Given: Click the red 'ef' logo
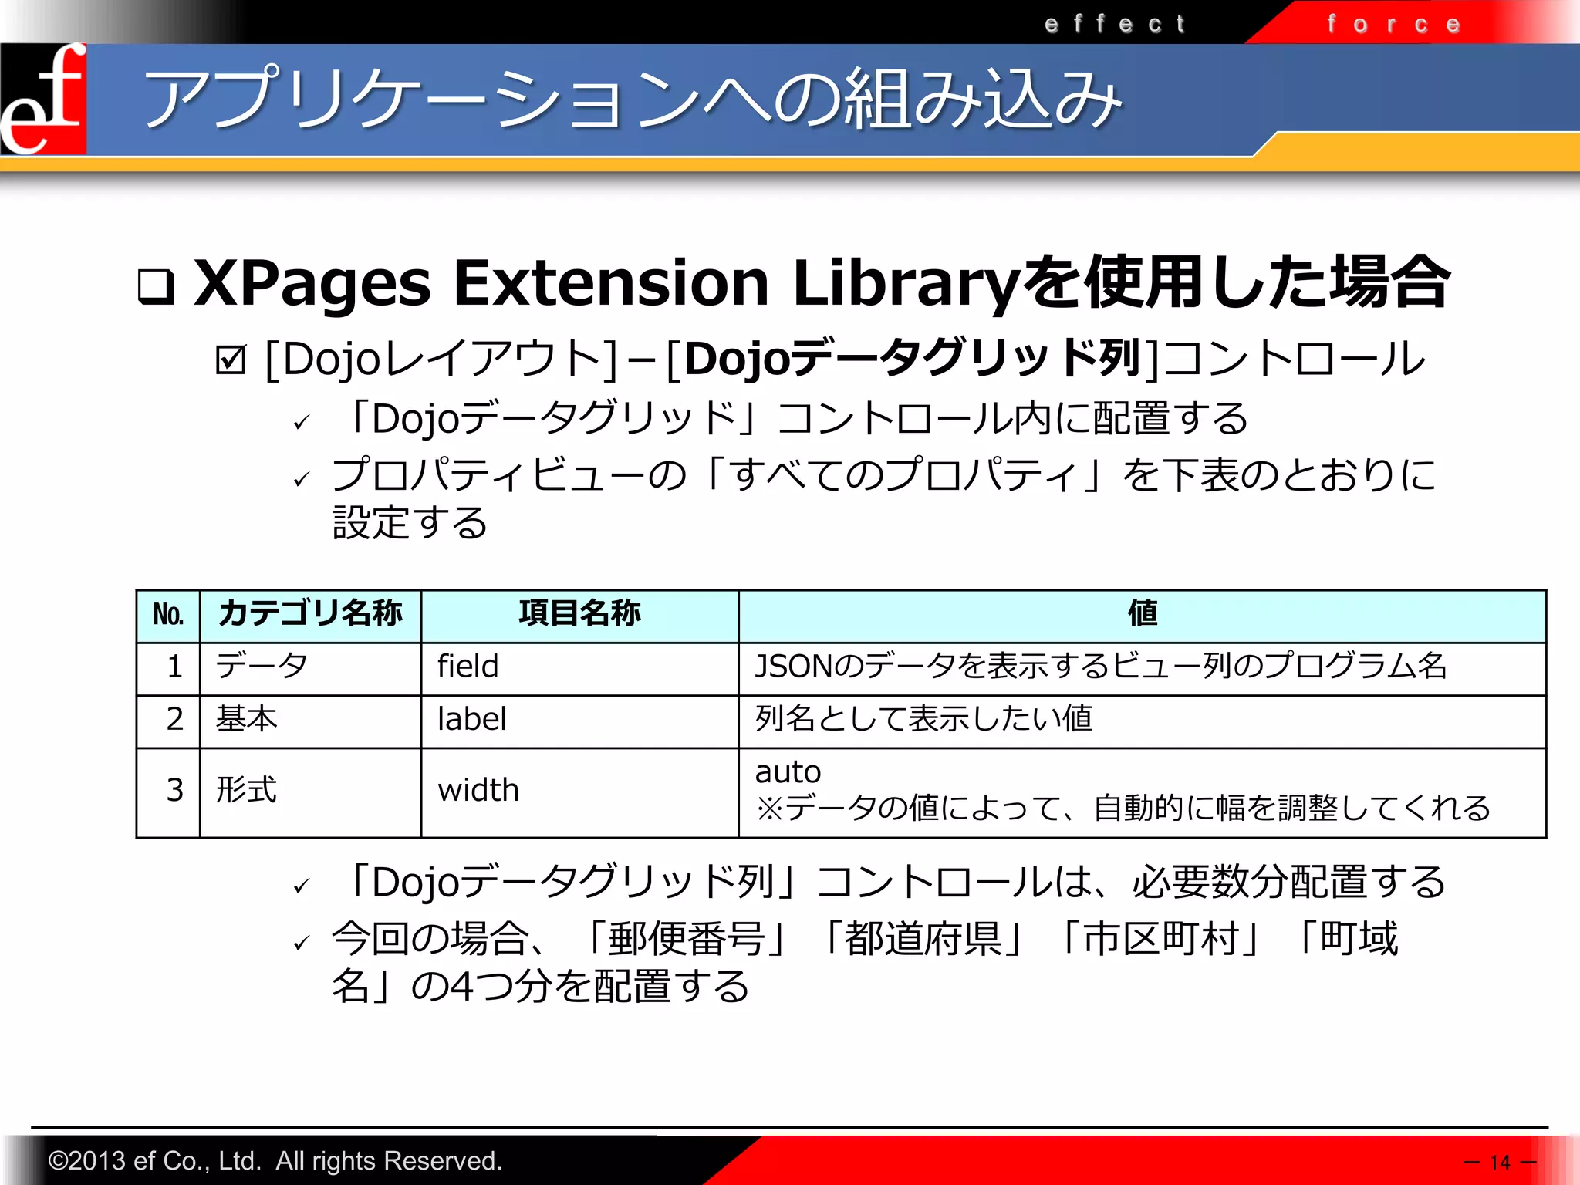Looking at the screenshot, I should point(43,99).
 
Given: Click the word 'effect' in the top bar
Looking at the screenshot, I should point(1114,24).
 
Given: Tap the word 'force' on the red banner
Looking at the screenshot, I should point(1393,24).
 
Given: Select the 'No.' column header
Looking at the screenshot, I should point(168,615).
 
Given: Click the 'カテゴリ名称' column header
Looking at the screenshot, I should point(310,614).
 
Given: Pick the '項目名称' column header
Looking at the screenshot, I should point(579,614).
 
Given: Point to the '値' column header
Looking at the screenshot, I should point(1142,614).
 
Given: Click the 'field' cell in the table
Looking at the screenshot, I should point(468,667).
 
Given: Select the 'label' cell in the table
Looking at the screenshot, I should point(471,719).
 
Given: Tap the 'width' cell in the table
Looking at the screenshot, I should point(478,791).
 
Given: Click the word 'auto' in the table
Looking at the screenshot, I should point(788,771).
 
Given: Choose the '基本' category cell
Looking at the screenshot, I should point(246,719).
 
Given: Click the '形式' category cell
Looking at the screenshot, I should point(246,791).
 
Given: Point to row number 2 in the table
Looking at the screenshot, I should point(175,719).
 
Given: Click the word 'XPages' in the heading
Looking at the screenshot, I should point(312,284).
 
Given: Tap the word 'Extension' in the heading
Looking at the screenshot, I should point(611,282).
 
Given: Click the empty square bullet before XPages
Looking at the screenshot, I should point(156,286).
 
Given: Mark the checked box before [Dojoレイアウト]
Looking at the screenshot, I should point(231,360).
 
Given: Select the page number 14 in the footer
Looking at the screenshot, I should point(1500,1162).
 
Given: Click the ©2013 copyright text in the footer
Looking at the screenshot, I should point(275,1160).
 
